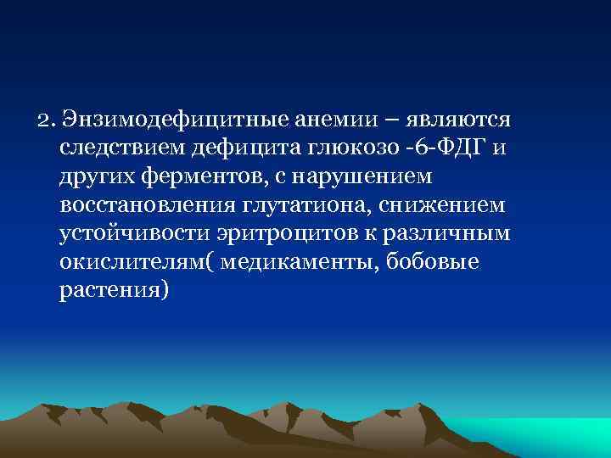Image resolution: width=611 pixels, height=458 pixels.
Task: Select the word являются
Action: (x=456, y=119)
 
